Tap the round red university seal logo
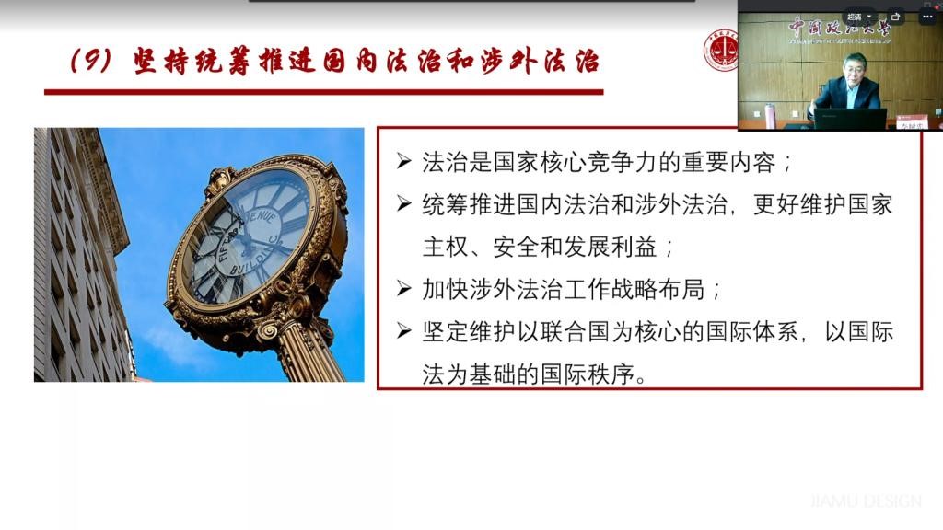click(x=722, y=50)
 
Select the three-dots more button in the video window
click(x=927, y=17)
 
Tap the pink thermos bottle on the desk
click(x=770, y=115)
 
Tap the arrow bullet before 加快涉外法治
click(x=402, y=289)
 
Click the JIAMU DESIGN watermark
click(x=866, y=501)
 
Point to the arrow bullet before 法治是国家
click(x=402, y=164)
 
